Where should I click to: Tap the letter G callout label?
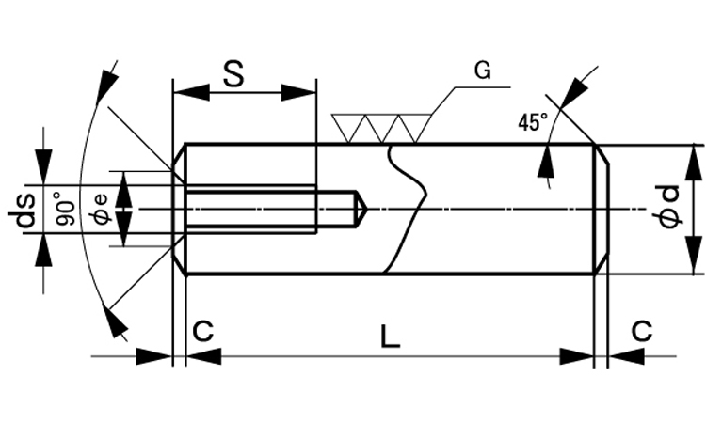482,71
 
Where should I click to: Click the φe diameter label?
99,209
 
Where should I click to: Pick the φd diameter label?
668,208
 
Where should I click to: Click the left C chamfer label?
203,331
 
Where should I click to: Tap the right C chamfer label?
641,331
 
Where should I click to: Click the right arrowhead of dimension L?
576,356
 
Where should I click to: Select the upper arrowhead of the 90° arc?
108,81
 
